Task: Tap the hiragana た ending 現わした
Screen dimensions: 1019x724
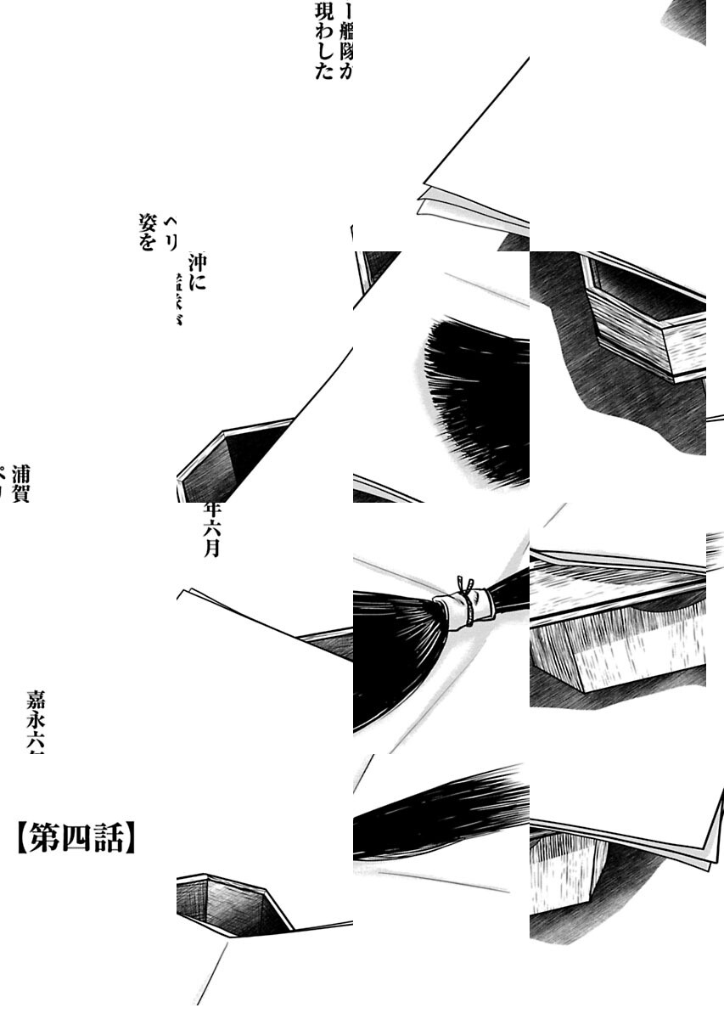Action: (323, 71)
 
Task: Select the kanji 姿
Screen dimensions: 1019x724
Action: (148, 223)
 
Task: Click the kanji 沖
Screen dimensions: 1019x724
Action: (197, 262)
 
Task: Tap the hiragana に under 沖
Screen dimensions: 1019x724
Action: (197, 283)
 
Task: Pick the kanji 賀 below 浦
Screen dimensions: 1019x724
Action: (21, 493)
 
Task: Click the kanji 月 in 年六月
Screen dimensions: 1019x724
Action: (212, 548)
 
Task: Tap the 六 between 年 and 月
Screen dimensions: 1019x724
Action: (212, 529)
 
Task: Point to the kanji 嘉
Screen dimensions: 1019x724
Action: (36, 701)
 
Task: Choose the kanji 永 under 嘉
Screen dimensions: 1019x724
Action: (36, 723)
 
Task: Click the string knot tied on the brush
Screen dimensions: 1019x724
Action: (463, 585)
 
